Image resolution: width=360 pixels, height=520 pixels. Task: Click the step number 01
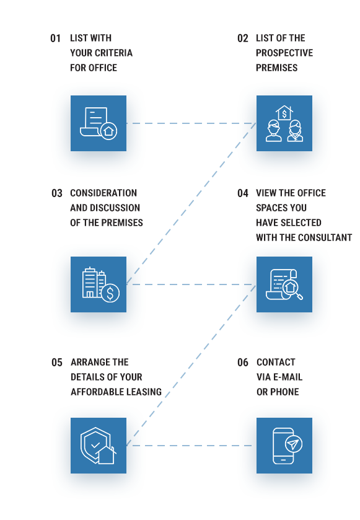coord(55,38)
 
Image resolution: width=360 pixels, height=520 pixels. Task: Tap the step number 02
coord(243,38)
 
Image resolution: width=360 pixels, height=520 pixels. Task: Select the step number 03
coord(56,193)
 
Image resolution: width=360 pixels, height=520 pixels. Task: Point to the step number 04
coord(243,193)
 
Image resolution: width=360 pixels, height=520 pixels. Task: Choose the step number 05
coord(56,363)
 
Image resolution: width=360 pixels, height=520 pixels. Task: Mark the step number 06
coord(243,363)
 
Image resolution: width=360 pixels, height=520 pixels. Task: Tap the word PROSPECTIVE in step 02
coord(284,53)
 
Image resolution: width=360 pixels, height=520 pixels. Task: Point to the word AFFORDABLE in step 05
coord(92,392)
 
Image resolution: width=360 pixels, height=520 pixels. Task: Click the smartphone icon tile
coord(284,446)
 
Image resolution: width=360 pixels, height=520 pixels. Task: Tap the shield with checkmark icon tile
coord(99,446)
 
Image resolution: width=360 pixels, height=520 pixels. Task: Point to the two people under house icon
coord(284,123)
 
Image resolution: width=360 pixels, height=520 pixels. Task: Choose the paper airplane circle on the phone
coord(293,444)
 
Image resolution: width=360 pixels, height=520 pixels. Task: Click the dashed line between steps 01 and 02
coord(191,123)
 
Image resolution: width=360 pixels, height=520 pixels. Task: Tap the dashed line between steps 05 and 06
coord(191,446)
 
